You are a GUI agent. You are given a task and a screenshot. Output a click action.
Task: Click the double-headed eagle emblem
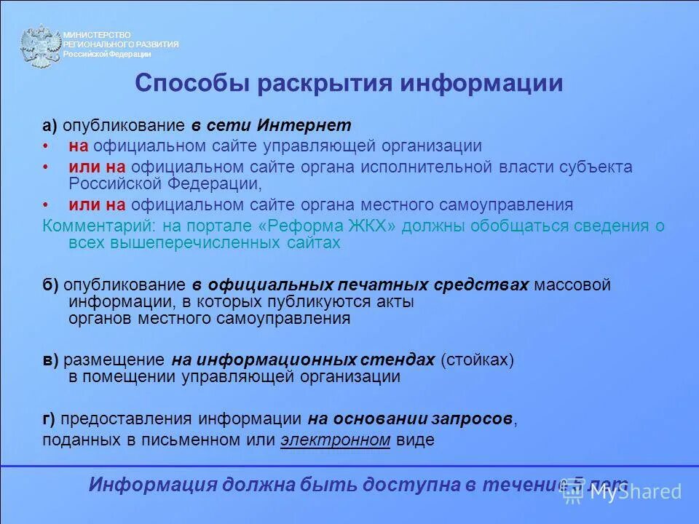coord(40,46)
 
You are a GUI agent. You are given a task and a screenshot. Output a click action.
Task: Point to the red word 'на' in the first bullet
coord(79,146)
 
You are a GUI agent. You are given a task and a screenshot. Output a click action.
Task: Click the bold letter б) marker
coord(50,285)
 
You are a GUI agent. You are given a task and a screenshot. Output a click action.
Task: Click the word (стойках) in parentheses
coord(477,360)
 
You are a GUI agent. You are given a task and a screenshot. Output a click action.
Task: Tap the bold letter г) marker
coord(49,418)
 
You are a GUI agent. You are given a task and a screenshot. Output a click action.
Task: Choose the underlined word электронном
coord(336,440)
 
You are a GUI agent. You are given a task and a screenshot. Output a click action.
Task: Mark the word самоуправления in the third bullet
coord(514,205)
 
